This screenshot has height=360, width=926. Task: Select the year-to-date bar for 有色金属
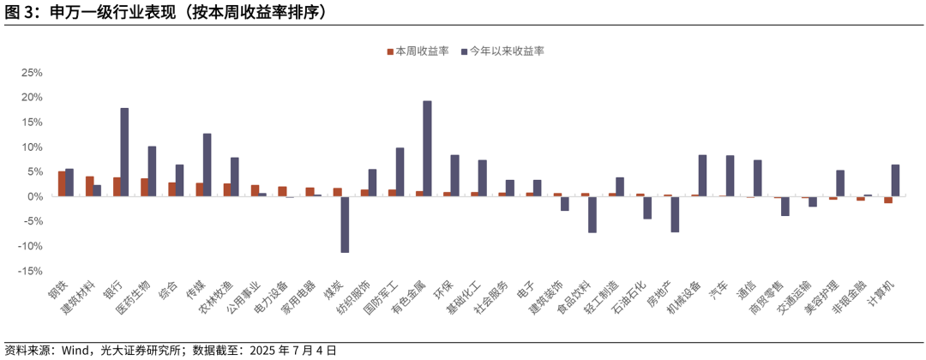click(427, 148)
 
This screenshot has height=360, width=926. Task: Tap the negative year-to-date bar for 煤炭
click(345, 225)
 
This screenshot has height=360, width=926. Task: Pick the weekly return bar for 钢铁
click(62, 183)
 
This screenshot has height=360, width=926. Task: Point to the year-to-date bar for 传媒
click(207, 165)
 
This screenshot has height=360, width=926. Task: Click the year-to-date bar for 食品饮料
click(592, 214)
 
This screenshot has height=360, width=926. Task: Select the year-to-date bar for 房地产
click(675, 214)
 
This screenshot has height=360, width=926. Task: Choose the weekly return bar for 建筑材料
click(89, 186)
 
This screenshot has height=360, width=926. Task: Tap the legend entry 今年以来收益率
click(504, 51)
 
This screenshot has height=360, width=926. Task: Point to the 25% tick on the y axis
click(32, 72)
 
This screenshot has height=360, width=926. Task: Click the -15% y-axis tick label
click(30, 271)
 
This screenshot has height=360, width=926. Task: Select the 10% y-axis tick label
click(32, 147)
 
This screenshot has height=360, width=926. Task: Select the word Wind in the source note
click(75, 350)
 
